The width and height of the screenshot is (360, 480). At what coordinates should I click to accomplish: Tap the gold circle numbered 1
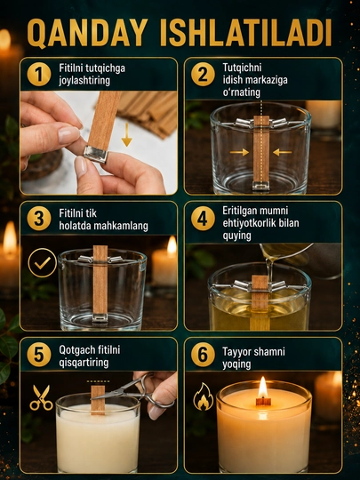coord(39,74)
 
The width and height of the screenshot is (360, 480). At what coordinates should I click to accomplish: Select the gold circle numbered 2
coord(203,74)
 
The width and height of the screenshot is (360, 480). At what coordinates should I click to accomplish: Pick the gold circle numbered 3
coord(39,219)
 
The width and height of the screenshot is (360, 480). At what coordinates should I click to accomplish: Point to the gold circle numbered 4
coord(203,219)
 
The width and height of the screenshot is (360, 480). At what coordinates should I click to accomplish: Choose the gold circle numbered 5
coord(39,355)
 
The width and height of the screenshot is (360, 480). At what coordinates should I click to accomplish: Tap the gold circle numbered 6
coord(203,355)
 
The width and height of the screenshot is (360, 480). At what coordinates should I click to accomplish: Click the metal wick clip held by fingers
coord(96,154)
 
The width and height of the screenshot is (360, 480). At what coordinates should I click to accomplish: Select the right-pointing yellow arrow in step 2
coord(239,152)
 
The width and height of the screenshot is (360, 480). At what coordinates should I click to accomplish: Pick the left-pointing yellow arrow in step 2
coord(283,152)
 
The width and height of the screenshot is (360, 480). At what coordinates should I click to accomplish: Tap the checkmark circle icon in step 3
coord(43,262)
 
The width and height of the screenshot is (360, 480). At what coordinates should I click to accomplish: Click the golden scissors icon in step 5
coord(41,397)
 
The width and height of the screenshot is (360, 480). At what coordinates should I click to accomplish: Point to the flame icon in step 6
coord(204,396)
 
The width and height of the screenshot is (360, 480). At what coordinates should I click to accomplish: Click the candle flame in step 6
coord(262,388)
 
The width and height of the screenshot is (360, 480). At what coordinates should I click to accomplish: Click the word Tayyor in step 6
coord(236,351)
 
